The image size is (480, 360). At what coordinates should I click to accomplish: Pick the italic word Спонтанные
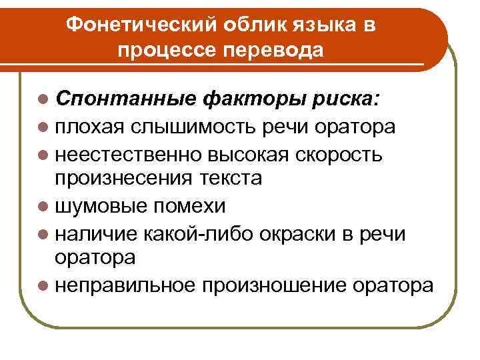click(x=125, y=100)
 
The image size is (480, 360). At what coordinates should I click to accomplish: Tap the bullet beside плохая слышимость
click(x=44, y=127)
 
